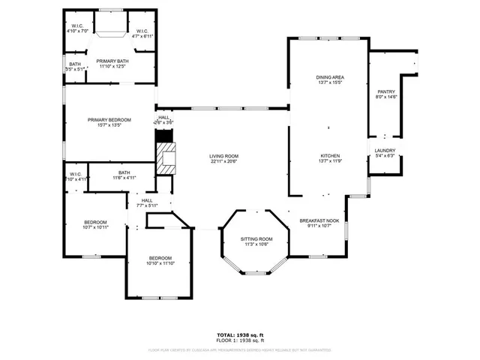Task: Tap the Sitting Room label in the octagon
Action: (256, 238)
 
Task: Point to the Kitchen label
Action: (331, 155)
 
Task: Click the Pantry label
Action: (385, 91)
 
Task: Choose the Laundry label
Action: (385, 151)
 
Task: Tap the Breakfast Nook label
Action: (319, 220)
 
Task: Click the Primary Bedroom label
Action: (109, 120)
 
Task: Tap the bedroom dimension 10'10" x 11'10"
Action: (160, 263)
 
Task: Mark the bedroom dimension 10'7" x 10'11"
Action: (95, 227)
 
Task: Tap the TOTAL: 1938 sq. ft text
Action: (240, 334)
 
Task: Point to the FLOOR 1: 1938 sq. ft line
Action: (240, 340)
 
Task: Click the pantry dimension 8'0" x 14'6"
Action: (385, 97)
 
